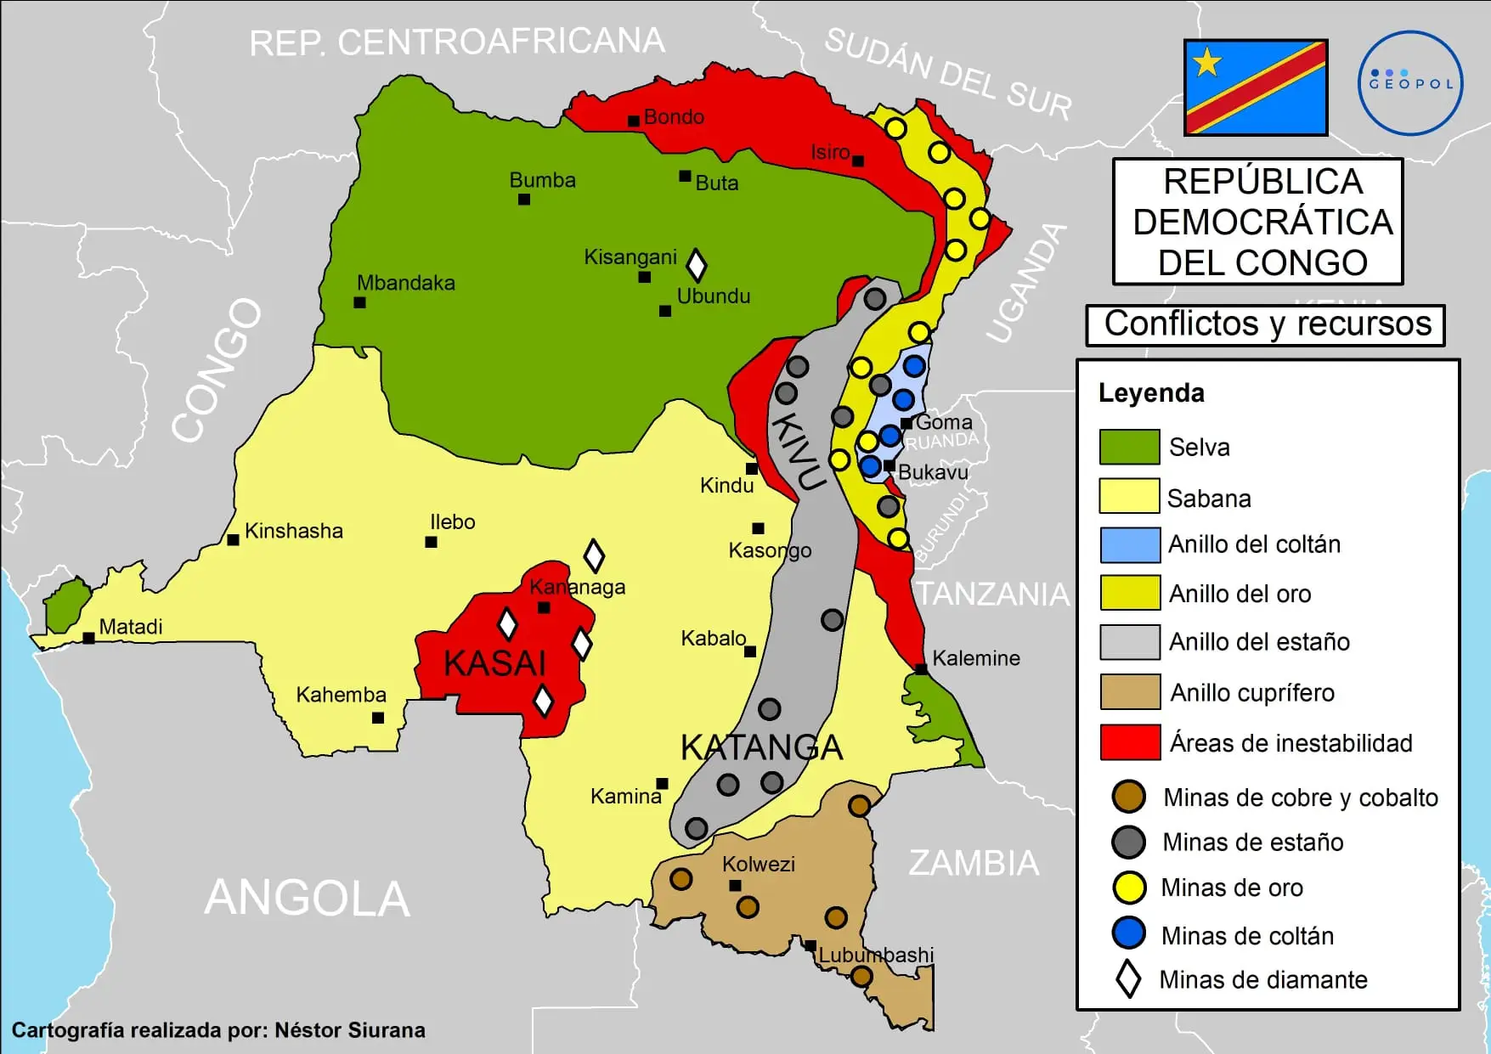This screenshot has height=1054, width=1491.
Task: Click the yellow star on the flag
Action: [1206, 63]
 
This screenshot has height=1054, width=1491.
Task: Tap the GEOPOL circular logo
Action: [1410, 83]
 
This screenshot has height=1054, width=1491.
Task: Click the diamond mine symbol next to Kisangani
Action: [696, 265]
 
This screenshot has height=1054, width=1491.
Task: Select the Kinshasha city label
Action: [293, 531]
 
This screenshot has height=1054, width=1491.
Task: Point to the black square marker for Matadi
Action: [88, 638]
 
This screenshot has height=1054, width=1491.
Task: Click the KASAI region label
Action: [494, 663]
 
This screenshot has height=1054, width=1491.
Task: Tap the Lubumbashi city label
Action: [875, 955]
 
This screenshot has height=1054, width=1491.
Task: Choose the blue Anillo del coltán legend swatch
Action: [1129, 545]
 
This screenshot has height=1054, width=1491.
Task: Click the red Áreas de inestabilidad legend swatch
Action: [1129, 742]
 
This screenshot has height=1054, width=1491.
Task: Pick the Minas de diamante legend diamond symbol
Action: [1128, 979]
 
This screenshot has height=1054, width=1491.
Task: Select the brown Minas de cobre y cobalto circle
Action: [1128, 797]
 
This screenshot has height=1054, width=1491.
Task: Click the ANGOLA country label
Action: [308, 899]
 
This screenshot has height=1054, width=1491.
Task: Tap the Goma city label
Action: [943, 422]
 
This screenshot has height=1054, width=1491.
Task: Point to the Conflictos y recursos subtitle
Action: [1267, 324]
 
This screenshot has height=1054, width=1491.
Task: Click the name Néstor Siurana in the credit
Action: [349, 1030]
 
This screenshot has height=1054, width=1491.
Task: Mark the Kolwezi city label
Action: [758, 864]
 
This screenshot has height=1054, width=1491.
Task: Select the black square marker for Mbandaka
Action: [359, 302]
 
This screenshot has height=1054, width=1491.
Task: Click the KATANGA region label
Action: [761, 747]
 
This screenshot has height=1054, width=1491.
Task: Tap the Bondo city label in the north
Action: [673, 116]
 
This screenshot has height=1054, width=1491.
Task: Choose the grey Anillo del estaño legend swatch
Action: [1129, 642]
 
